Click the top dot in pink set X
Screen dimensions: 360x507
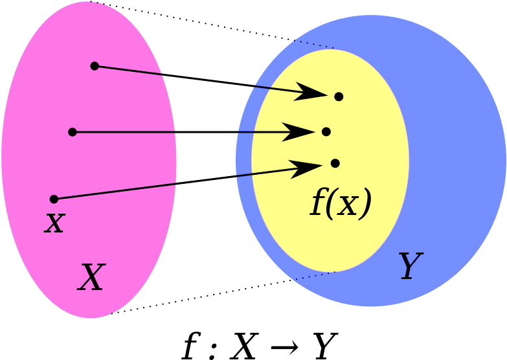click(95, 65)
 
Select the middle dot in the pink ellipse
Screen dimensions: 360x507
click(73, 132)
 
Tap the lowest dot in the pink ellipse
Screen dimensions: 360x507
click(54, 199)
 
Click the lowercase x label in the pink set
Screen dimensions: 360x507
click(55, 223)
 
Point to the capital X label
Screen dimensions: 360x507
click(91, 278)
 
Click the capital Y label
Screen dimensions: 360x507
click(409, 266)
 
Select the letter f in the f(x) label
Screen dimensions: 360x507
click(318, 203)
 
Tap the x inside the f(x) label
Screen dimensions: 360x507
click(350, 204)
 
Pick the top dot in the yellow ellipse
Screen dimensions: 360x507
click(339, 96)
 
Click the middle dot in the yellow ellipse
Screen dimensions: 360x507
click(326, 131)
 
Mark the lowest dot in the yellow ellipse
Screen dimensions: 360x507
click(335, 163)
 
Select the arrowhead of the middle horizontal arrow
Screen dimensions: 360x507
click(300, 132)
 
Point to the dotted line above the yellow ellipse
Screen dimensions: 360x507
click(314, 44)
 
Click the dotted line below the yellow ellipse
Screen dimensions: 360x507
click(315, 276)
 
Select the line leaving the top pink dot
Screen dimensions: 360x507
click(130, 70)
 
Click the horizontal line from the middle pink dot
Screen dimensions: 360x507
click(123, 132)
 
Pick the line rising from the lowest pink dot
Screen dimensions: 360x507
click(117, 191)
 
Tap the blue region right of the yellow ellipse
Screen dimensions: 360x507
click(453, 162)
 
